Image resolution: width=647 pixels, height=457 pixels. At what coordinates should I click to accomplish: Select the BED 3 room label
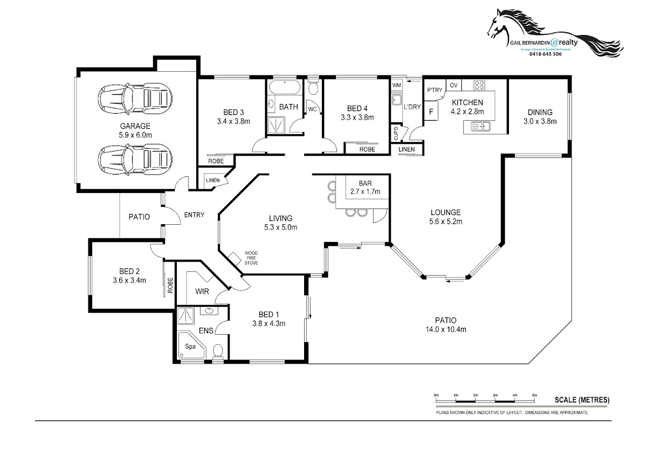231,112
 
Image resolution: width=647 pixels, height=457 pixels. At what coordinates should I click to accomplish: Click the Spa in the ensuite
190,347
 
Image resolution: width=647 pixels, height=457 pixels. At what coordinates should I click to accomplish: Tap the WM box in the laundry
397,86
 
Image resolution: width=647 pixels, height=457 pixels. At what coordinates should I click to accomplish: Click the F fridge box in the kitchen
431,113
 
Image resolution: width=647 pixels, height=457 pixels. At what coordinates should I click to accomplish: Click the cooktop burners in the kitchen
478,85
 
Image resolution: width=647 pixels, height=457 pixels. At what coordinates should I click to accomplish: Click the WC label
312,109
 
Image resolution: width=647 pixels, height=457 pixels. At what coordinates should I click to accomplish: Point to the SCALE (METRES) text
582,400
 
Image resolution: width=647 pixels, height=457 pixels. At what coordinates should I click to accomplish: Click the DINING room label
540,112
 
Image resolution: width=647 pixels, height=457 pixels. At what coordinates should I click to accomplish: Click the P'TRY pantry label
434,90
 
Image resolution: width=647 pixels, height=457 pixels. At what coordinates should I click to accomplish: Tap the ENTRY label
194,215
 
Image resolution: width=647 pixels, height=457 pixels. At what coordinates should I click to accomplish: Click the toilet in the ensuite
218,352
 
